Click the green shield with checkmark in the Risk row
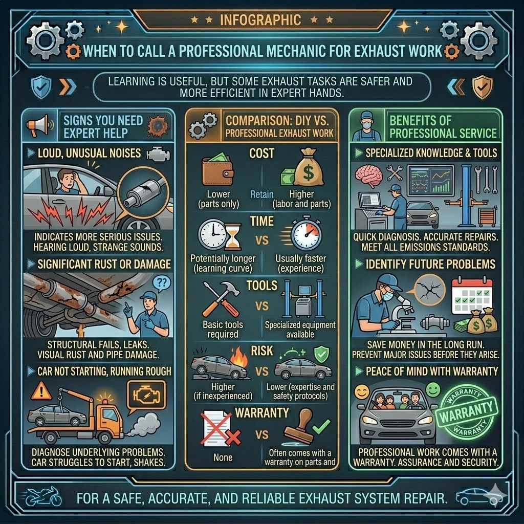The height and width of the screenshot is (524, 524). (321, 354)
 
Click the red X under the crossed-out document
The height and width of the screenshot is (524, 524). (233, 437)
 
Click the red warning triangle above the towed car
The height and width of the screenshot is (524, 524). (41, 391)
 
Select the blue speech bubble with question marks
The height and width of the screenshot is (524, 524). (161, 283)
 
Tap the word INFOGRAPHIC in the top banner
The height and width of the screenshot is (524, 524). (260, 20)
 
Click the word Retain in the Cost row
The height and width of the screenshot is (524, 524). (261, 194)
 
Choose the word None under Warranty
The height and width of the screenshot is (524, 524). (223, 457)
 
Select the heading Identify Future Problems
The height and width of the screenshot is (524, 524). (430, 265)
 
